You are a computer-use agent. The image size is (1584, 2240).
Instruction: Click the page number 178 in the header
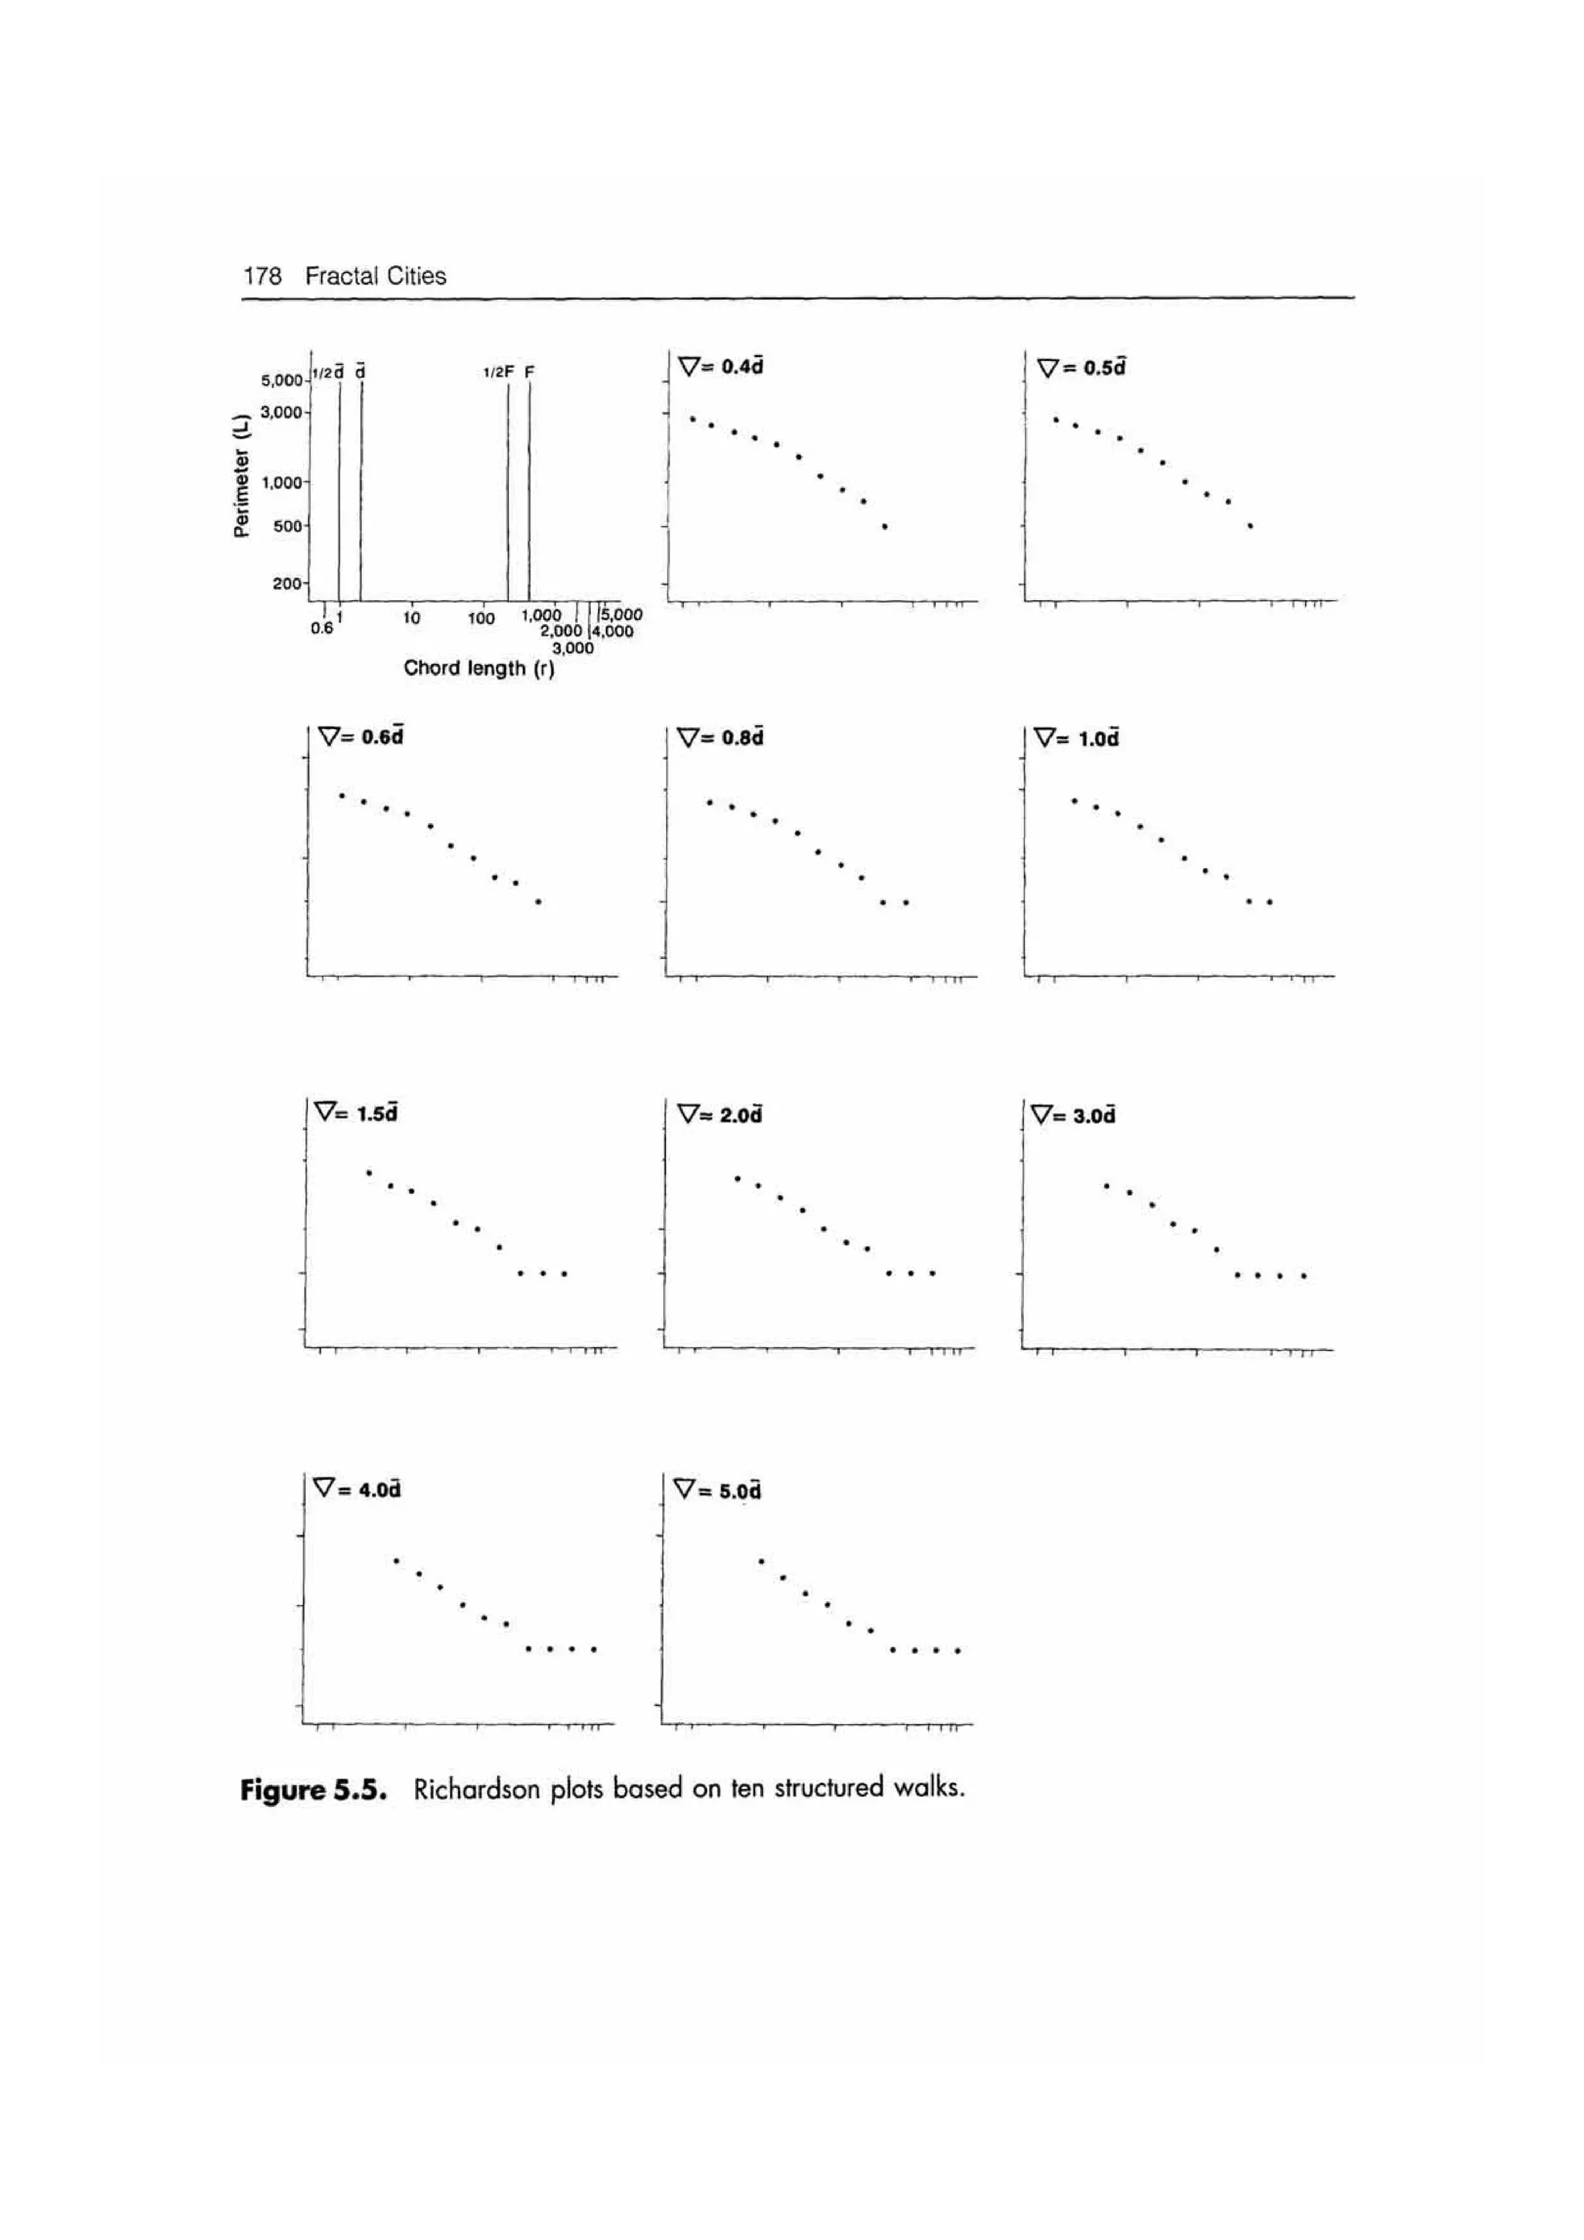pos(261,276)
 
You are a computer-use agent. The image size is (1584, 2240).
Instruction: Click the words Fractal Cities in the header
pos(375,276)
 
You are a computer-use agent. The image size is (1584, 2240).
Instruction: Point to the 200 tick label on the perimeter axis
pos(287,584)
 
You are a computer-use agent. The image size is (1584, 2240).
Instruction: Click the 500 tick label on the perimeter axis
pos(287,527)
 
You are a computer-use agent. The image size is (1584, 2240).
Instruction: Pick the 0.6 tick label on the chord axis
pos(321,629)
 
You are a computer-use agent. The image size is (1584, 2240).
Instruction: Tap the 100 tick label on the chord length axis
pos(481,618)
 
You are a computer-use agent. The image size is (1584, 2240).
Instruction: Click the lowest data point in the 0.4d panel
pos(884,527)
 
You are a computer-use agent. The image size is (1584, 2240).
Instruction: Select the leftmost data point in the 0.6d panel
pos(342,795)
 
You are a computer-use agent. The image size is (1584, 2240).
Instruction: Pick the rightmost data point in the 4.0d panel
pos(593,1650)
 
